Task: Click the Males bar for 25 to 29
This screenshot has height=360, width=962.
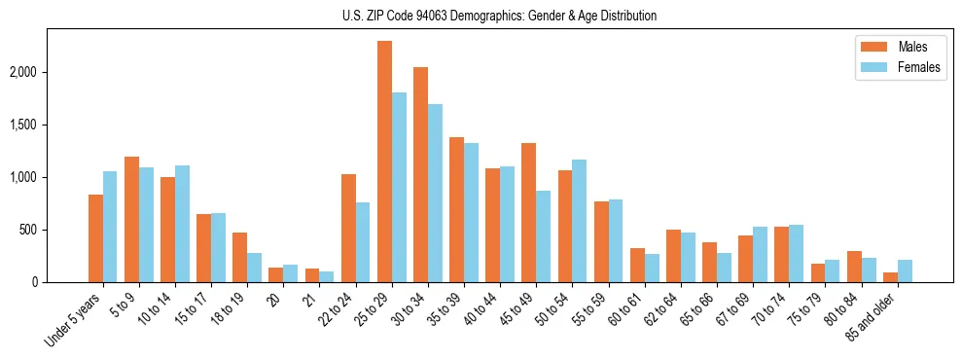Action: coord(384,162)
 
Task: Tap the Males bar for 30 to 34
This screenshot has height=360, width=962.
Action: coord(420,174)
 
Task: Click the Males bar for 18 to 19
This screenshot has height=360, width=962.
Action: coord(239,257)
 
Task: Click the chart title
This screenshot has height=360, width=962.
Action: coord(499,16)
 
